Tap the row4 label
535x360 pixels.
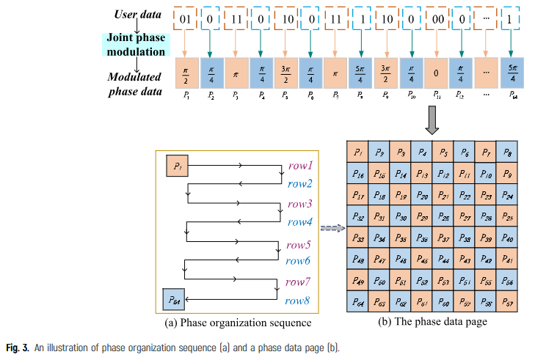point(299,221)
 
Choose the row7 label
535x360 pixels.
point(299,282)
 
